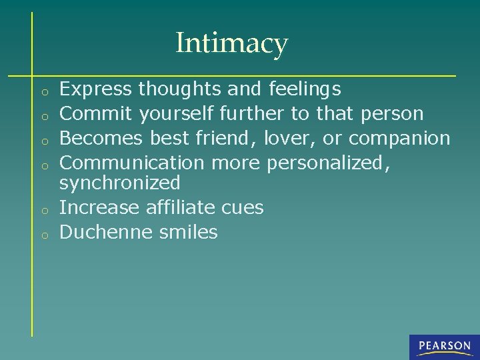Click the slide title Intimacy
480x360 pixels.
tap(231, 44)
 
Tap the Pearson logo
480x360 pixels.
tap(445, 346)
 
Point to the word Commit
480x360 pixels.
tap(97, 113)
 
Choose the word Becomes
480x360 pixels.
tap(101, 138)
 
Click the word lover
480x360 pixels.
tap(287, 138)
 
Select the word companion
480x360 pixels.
tap(399, 139)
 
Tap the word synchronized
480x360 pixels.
tap(120, 183)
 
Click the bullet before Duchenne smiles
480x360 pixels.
tap(42, 234)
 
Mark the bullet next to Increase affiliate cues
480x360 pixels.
tap(42, 209)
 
